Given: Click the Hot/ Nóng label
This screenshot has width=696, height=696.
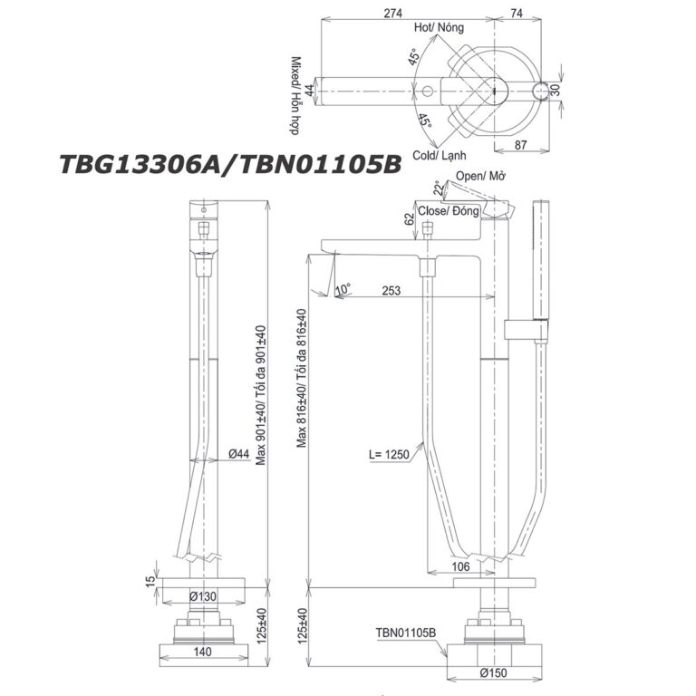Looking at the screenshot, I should click(x=440, y=29).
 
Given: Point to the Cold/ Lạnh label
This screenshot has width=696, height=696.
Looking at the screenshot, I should click(x=440, y=156).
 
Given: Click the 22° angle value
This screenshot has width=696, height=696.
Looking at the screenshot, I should click(x=439, y=188).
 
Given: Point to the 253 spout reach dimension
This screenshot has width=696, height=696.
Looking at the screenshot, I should click(x=392, y=290).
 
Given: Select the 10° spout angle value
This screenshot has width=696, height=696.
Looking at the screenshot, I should click(x=343, y=289).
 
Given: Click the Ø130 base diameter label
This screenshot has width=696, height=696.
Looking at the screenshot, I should click(x=201, y=595).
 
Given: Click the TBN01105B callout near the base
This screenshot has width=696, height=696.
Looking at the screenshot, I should click(x=405, y=634).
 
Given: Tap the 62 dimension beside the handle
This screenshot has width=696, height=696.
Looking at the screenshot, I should click(x=410, y=218).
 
